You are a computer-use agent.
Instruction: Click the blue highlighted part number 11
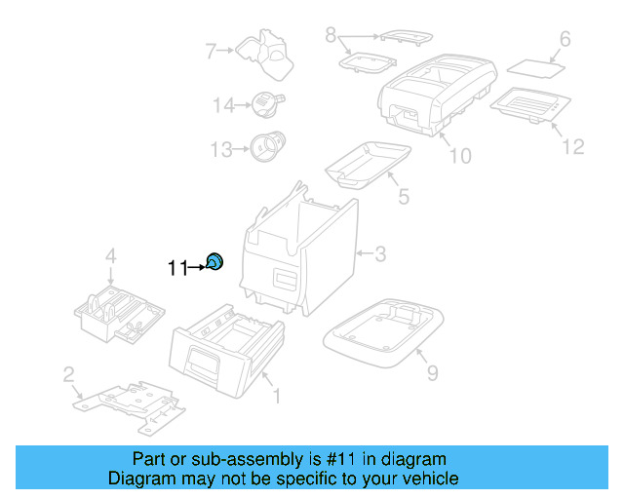215,260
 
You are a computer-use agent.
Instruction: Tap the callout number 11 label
176,268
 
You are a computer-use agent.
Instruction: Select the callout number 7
210,50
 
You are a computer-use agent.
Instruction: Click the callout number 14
224,105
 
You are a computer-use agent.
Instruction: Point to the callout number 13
222,149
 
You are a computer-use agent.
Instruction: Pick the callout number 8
331,36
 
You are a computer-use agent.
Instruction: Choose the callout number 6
564,40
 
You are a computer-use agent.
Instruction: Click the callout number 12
572,146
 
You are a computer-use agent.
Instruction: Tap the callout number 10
459,155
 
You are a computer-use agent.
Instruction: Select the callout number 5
403,197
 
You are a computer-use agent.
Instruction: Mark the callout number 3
380,255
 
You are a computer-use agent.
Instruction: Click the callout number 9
432,371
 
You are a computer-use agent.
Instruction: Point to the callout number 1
277,397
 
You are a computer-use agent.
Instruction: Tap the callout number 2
68,374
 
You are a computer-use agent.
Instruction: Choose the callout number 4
110,256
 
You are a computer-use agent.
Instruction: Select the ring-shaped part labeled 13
264,146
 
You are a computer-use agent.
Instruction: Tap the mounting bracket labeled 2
131,401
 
